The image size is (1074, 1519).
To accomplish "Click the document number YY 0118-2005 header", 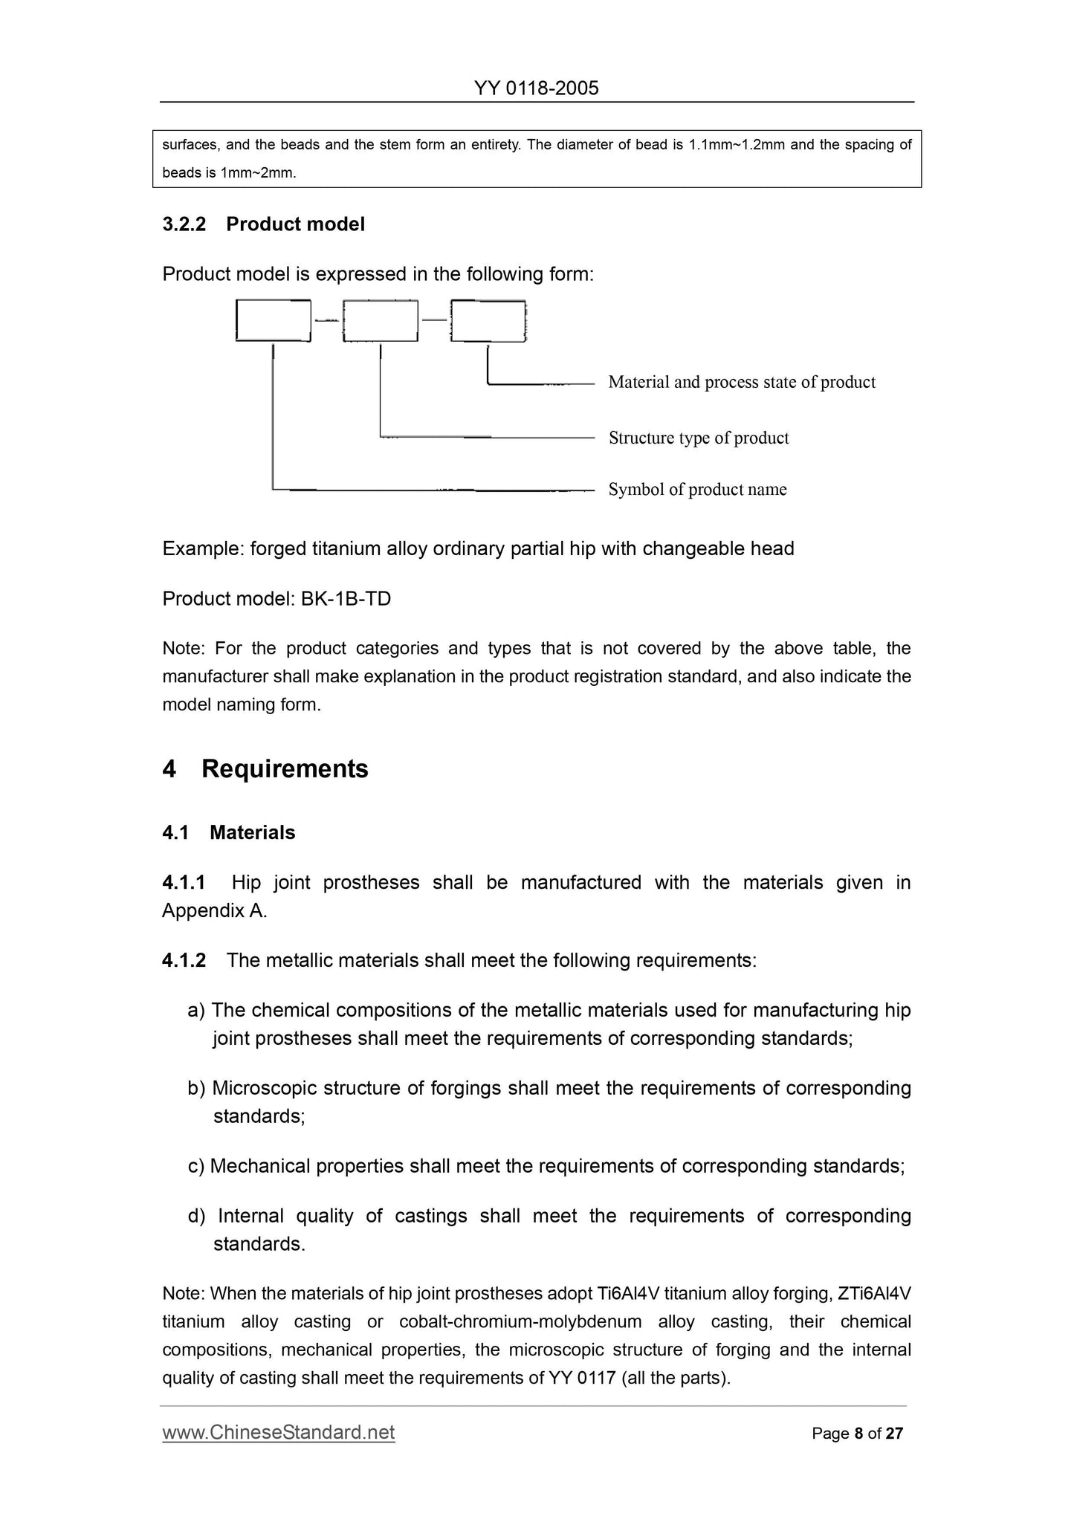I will coord(536,88).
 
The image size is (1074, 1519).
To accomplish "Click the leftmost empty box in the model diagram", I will coord(273,320).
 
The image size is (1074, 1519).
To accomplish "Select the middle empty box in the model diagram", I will coord(380,320).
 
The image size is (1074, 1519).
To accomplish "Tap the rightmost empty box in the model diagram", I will coord(488,320).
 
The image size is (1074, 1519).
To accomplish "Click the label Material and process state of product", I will coord(741,382).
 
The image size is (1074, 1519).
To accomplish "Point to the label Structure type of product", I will coord(698,438).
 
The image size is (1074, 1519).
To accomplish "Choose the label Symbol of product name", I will coord(696,489).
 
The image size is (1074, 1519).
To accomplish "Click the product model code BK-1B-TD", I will coord(346,598).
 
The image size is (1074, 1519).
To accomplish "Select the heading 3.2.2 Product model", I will coord(263,224).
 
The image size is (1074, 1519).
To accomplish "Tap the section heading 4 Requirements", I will coord(265,768).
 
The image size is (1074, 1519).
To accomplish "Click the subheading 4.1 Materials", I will coord(228,832).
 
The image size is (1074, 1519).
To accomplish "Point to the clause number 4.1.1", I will coord(184,882).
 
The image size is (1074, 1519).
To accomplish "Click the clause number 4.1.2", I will coord(184,960).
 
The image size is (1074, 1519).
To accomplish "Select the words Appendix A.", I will coord(214,910).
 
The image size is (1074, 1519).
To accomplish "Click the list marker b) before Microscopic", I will coord(196,1088).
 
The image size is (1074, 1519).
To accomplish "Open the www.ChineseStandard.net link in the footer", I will coord(278,1432).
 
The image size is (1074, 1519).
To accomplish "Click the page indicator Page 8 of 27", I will coord(857,1434).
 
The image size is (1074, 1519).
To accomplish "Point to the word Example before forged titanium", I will coord(202,548).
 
